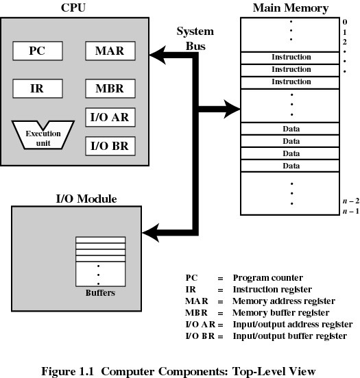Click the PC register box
click(38, 51)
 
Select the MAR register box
click(110, 51)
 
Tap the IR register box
click(38, 88)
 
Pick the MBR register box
click(110, 88)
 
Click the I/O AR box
click(110, 117)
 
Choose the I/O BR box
click(110, 146)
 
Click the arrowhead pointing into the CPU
click(158, 55)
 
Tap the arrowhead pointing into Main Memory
click(232, 109)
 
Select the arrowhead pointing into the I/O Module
click(151, 233)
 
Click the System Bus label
click(195, 38)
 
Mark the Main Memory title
click(291, 8)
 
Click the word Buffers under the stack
click(100, 292)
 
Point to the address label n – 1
click(351, 211)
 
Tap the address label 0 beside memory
click(345, 22)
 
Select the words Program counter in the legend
click(267, 278)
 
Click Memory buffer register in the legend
click(281, 313)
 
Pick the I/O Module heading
click(86, 199)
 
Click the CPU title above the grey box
click(73, 8)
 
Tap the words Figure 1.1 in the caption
click(67, 371)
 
